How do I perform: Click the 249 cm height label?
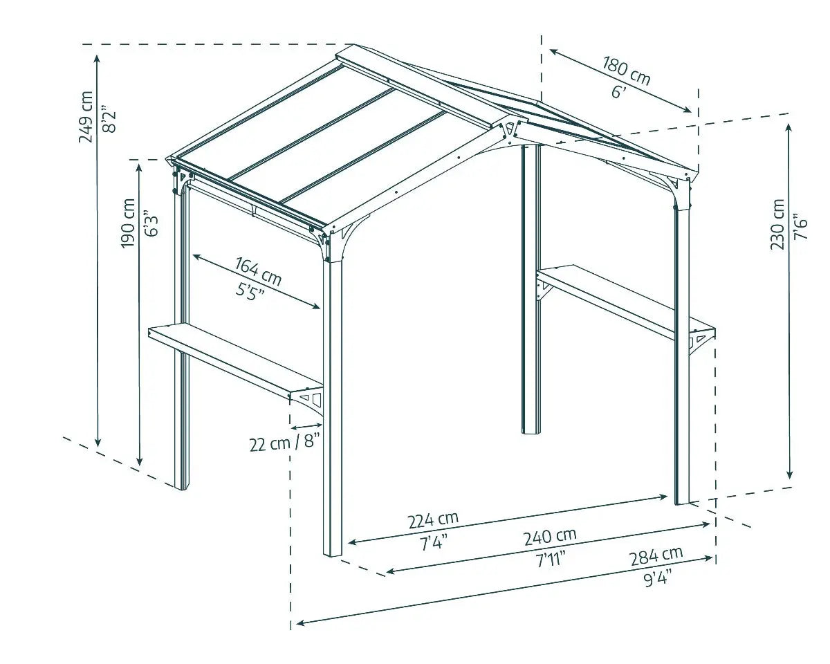tap(86, 117)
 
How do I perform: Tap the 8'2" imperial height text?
tap(106, 118)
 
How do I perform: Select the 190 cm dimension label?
tap(128, 223)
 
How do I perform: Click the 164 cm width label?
tap(258, 271)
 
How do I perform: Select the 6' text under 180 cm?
tap(618, 91)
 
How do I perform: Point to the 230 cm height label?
tap(778, 224)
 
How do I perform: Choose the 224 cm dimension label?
tap(433, 519)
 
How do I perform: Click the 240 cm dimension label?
tap(550, 536)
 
